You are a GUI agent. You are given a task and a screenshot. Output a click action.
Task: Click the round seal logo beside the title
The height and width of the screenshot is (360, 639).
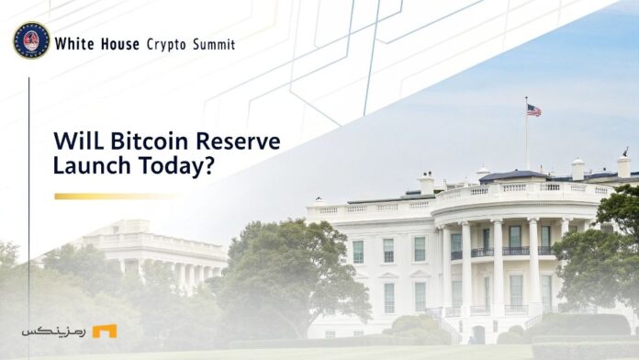pyautogui.click(x=31, y=40)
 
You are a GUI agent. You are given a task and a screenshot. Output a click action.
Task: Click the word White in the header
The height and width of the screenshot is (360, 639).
pyautogui.click(x=73, y=43)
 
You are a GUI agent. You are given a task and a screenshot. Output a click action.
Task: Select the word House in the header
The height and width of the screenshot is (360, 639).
pyautogui.click(x=120, y=43)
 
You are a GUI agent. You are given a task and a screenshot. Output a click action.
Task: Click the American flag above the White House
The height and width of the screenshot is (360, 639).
pyautogui.click(x=533, y=110)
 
